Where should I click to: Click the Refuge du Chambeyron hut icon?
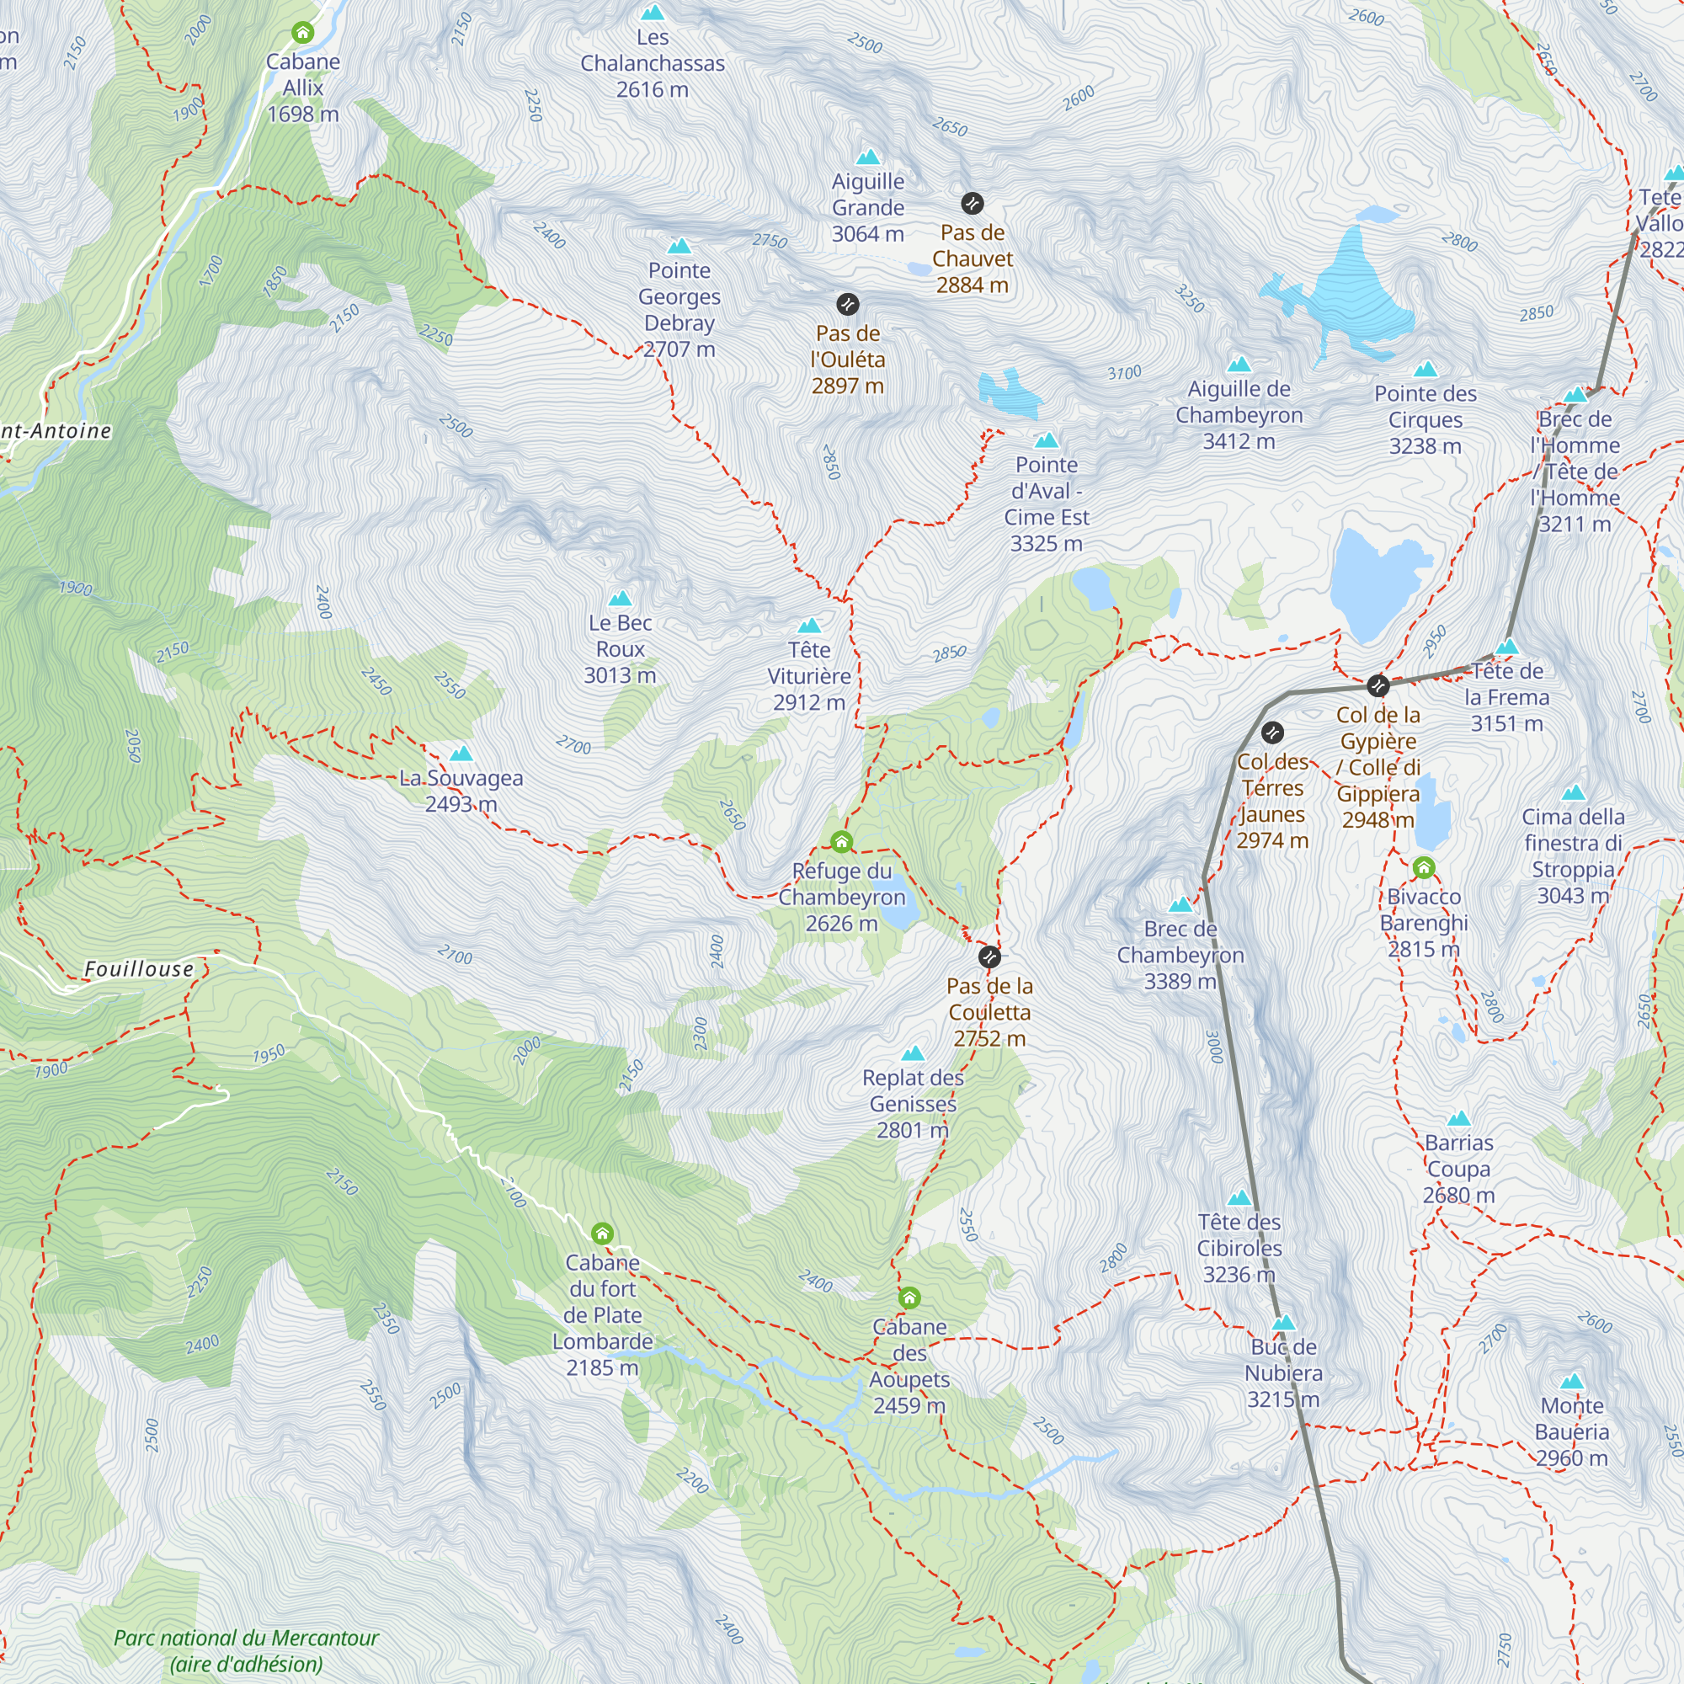(x=841, y=842)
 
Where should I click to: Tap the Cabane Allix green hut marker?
(x=302, y=33)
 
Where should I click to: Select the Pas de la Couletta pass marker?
(x=989, y=958)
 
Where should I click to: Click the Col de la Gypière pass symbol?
(x=1378, y=685)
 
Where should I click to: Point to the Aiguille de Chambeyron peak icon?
(x=1239, y=365)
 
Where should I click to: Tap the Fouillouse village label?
(x=139, y=969)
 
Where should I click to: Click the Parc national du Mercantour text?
(x=247, y=1638)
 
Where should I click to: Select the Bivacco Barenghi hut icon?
(x=1423, y=868)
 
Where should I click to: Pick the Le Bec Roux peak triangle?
(x=620, y=599)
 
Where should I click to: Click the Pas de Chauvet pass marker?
(x=972, y=204)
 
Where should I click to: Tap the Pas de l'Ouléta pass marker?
(x=847, y=304)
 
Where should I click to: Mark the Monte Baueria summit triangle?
(x=1571, y=1382)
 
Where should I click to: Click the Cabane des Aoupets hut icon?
(x=909, y=1298)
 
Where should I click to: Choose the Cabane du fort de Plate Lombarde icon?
(x=602, y=1234)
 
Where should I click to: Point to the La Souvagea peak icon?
(x=461, y=754)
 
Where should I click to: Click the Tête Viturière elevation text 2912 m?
(x=809, y=702)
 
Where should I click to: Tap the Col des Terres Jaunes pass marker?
(x=1272, y=733)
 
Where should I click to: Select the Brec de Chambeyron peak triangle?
(x=1180, y=905)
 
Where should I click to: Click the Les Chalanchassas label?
(x=652, y=51)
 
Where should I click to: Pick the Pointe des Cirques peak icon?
(x=1426, y=370)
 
